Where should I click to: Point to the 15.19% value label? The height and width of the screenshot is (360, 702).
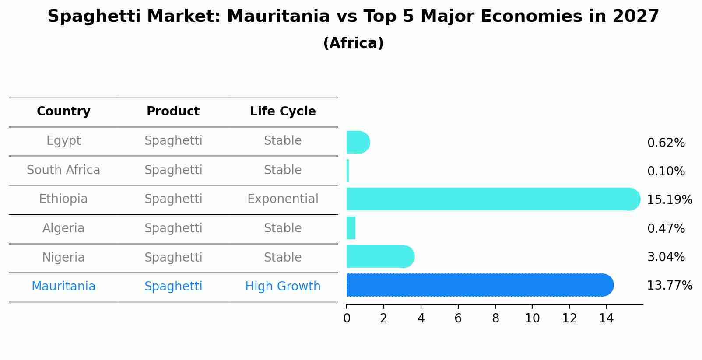[x=669, y=200]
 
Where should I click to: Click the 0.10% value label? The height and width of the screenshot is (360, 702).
[x=666, y=171]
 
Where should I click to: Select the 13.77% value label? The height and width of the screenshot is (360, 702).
[x=669, y=286]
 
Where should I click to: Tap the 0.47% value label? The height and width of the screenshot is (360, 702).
[x=666, y=228]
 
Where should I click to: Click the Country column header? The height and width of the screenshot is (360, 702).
[x=63, y=112]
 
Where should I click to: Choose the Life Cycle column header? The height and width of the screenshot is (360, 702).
[x=283, y=112]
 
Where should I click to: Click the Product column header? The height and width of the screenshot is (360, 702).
[x=173, y=112]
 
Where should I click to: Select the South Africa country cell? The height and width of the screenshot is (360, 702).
[x=63, y=170]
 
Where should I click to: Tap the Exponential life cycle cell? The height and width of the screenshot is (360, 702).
[x=283, y=199]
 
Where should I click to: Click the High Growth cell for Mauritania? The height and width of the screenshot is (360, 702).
[x=283, y=287]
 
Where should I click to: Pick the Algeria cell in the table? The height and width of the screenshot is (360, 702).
[x=63, y=228]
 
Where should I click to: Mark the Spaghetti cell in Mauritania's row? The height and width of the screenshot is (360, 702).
[x=173, y=287]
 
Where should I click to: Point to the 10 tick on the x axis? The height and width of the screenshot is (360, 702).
[x=532, y=318]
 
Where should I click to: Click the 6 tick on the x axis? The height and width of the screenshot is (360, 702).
[x=458, y=318]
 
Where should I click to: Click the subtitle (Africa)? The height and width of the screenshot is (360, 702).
[x=353, y=43]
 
